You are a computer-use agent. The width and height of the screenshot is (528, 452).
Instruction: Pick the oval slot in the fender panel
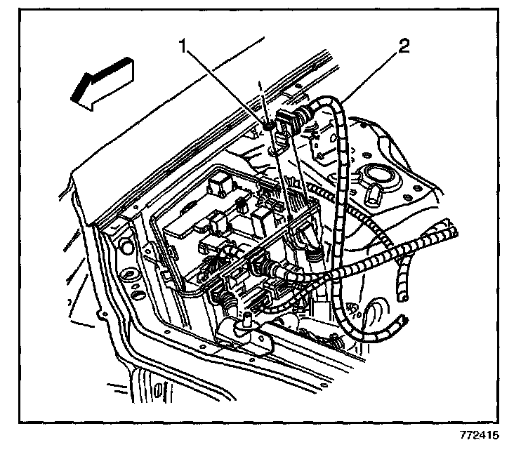coord(128,271)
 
